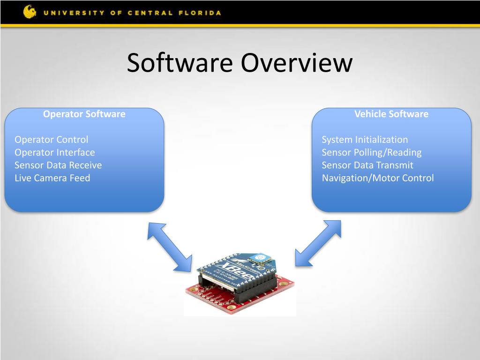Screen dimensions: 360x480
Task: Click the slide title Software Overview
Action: pyautogui.click(x=239, y=63)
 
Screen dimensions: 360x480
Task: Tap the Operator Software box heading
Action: pyautogui.click(x=84, y=114)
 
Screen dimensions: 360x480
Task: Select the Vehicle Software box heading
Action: pyautogui.click(x=391, y=114)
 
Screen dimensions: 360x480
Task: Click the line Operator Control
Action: pyautogui.click(x=51, y=139)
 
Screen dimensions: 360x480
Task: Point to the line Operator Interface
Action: pyautogui.click(x=54, y=152)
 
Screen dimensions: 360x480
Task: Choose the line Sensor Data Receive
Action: pyautogui.click(x=58, y=165)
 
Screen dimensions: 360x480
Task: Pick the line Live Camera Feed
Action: pyautogui.click(x=52, y=178)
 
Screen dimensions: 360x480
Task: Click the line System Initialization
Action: pyautogui.click(x=365, y=139)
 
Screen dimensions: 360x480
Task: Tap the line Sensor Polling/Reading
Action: pyautogui.click(x=371, y=152)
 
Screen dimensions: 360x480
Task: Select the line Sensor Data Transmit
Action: pyautogui.click(x=367, y=165)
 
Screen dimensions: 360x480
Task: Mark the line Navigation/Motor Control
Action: pyautogui.click(x=377, y=178)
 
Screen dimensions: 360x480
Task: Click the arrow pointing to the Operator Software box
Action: pyautogui.click(x=170, y=247)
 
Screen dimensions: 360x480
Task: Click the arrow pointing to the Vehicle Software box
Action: pyautogui.click(x=318, y=243)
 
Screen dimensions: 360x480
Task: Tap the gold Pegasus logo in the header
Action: pyautogui.click(x=30, y=12)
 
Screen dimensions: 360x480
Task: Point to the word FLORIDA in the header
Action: pyautogui.click(x=201, y=13)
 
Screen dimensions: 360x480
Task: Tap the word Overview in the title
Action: pyautogui.click(x=296, y=63)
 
